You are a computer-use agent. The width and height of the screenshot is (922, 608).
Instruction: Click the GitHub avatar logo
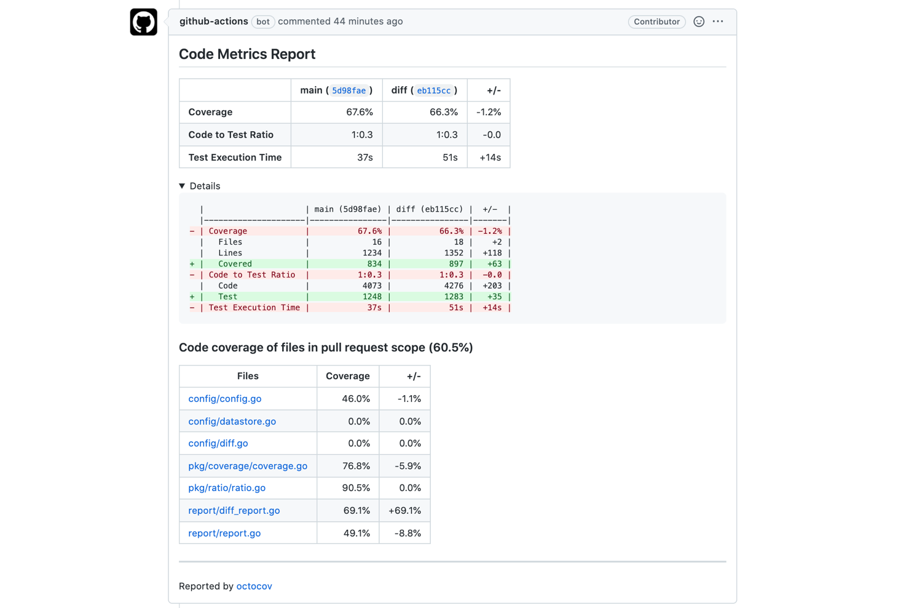point(143,22)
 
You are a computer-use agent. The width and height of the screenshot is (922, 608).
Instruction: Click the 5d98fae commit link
point(349,90)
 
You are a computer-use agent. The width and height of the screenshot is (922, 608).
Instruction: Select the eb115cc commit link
point(433,90)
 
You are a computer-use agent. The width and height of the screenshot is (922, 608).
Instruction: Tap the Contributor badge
point(656,22)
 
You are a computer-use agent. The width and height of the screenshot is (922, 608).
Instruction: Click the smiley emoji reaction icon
point(699,22)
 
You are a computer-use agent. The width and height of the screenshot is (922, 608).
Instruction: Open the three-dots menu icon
point(718,22)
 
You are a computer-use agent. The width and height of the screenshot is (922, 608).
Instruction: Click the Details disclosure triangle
point(182,186)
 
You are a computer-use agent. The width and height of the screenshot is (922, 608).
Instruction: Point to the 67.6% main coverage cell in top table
point(359,112)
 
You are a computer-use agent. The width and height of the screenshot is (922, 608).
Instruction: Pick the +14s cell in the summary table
point(490,158)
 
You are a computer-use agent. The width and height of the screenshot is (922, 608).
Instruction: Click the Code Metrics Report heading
point(247,54)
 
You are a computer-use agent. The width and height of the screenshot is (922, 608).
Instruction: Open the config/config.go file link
point(225,399)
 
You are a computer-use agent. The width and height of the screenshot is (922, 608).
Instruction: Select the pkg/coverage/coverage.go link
point(248,466)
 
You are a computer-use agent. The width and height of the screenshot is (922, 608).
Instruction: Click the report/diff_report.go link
point(234,511)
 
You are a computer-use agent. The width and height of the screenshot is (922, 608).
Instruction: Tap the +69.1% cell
point(404,511)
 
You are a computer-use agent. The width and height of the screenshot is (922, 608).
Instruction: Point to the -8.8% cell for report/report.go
point(408,534)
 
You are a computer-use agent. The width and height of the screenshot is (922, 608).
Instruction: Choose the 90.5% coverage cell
point(356,488)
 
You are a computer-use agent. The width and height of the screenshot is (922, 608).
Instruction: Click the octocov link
point(254,586)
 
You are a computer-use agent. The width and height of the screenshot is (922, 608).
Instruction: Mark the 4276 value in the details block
point(454,286)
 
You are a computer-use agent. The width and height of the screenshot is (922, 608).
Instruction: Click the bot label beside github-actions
point(263,22)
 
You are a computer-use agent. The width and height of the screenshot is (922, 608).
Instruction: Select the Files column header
point(248,376)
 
